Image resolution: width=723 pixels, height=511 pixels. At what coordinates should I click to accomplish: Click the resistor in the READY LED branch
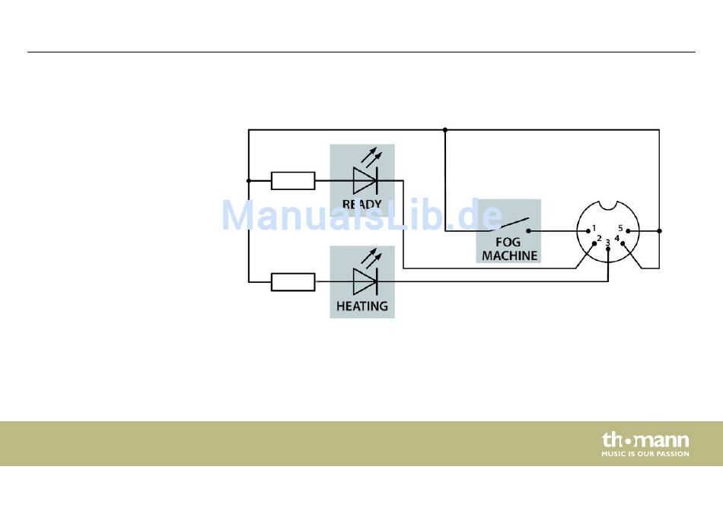(x=293, y=181)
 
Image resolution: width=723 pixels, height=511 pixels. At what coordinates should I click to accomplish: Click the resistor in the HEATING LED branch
(x=293, y=281)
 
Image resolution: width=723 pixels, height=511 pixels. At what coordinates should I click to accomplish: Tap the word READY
(x=362, y=204)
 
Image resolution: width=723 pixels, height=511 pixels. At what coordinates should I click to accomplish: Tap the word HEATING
(x=362, y=306)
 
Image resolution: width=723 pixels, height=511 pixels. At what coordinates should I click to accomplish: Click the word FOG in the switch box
(x=508, y=242)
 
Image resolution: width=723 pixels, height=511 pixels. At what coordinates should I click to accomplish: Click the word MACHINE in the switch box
(x=509, y=255)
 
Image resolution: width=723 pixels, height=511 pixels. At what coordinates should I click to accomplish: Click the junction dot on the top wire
(x=445, y=130)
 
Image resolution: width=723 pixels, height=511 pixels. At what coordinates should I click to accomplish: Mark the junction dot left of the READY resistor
(x=249, y=181)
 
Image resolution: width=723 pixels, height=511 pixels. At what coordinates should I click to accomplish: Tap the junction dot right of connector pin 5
(x=659, y=231)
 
